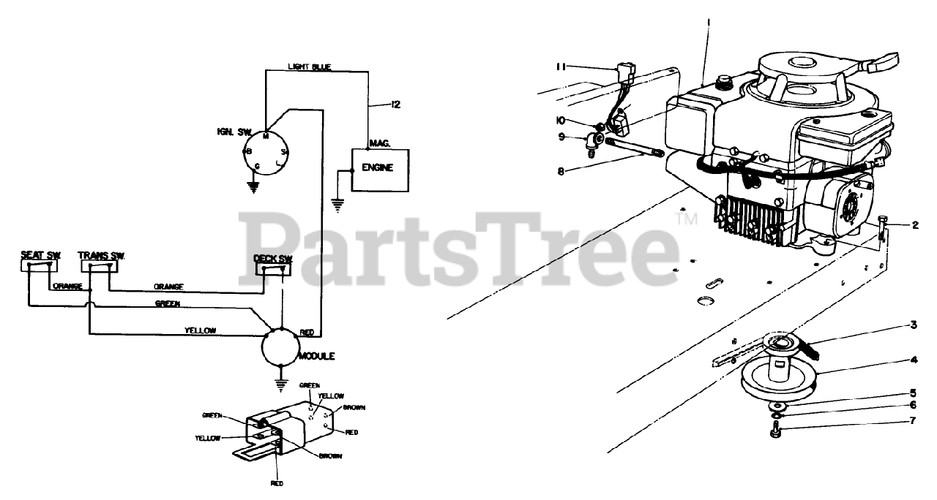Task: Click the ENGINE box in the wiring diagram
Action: [380, 169]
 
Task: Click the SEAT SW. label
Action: [40, 255]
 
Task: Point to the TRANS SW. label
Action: [101, 255]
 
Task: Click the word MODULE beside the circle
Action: [317, 356]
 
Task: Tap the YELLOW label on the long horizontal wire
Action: [201, 330]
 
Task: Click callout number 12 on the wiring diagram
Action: [395, 105]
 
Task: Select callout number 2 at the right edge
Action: [915, 225]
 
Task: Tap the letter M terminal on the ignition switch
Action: [264, 135]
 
